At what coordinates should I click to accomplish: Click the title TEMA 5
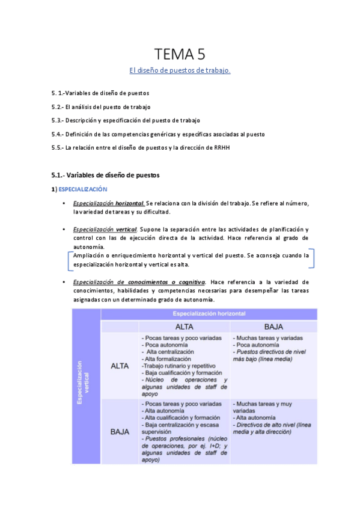coord(180,55)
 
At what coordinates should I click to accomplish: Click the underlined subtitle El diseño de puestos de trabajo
coord(180,71)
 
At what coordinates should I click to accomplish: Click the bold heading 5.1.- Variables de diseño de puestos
coord(105,176)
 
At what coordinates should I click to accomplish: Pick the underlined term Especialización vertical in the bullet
coord(105,230)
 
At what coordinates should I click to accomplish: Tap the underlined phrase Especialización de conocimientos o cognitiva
coord(139,281)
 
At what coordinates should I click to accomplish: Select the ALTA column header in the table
coord(184,327)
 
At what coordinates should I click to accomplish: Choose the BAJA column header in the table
coord(273,327)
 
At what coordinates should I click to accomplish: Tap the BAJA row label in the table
coord(120,431)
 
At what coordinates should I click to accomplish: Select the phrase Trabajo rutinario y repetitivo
coord(177,366)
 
